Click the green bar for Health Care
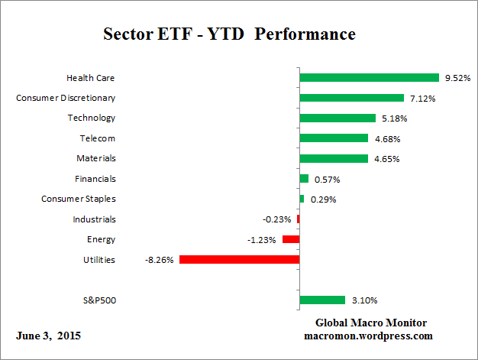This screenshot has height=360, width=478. coord(369,77)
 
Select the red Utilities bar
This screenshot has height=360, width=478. coord(239,260)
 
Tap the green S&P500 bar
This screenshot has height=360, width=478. coord(322,300)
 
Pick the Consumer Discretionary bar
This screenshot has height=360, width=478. coord(351,98)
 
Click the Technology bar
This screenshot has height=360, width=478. coord(338,118)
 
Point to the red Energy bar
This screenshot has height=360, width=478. coord(291,239)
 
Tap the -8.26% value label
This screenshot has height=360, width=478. coord(160,260)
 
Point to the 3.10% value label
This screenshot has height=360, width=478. coord(363,300)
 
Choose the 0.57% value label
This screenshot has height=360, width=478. coord(326,179)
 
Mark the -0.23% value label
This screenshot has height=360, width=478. coord(277,219)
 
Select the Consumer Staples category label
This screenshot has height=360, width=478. coord(79,199)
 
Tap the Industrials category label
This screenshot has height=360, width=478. coord(95,219)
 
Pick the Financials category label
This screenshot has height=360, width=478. coord(96,179)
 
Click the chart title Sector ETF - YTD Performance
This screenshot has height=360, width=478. coord(229,34)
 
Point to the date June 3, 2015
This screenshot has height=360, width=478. coord(49,336)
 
